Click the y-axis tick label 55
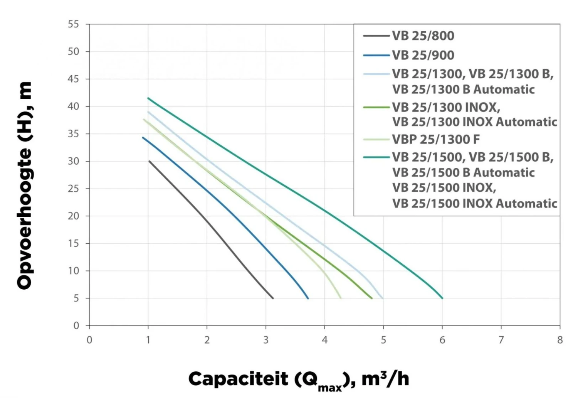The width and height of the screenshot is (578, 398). click(x=73, y=24)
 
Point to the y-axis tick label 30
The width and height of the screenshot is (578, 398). click(x=73, y=161)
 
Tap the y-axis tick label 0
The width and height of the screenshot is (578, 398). click(x=76, y=325)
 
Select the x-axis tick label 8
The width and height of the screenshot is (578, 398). click(x=560, y=340)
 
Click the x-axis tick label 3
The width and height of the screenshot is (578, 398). click(x=266, y=340)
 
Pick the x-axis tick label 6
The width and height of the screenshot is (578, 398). click(x=442, y=340)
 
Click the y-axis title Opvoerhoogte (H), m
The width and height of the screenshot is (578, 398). click(x=25, y=185)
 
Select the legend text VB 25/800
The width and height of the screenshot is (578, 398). click(x=423, y=36)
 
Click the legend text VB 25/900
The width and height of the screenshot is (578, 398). click(x=423, y=55)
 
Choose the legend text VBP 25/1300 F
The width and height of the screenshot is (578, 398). click(x=436, y=139)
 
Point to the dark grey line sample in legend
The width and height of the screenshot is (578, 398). click(x=376, y=36)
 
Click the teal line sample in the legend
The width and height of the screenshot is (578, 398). click(x=376, y=157)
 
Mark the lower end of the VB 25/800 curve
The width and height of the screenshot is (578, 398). click(x=273, y=298)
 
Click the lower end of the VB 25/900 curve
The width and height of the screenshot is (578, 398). click(x=308, y=298)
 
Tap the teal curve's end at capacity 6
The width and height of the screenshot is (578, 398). click(x=442, y=298)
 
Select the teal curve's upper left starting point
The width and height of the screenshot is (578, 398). click(x=148, y=98)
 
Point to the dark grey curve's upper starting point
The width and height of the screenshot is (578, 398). click(x=149, y=161)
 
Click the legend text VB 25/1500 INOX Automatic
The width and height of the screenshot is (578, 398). click(x=475, y=203)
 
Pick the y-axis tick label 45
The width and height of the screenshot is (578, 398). click(x=73, y=79)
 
